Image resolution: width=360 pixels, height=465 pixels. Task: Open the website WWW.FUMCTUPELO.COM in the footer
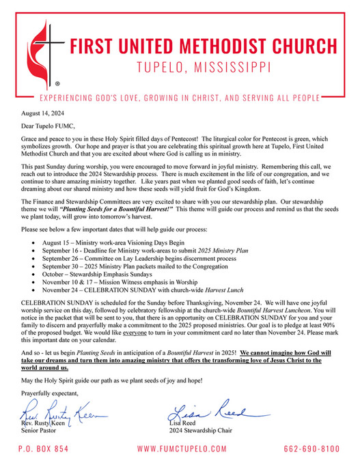click(x=181, y=449)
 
